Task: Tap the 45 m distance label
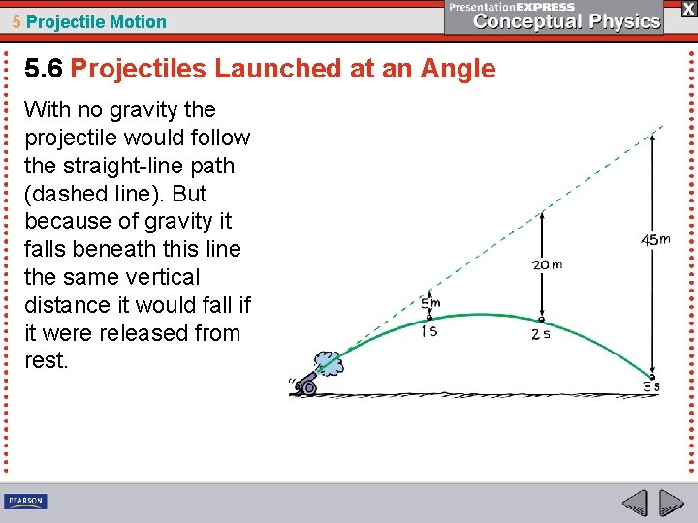coord(654,239)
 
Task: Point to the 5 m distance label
coord(430,303)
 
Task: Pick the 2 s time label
coord(542,335)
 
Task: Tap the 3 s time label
coord(651,386)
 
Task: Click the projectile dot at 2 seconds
coord(541,320)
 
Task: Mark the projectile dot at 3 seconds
coord(653,376)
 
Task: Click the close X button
coord(687,8)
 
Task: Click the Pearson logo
coord(25,501)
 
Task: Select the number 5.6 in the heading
coord(44,69)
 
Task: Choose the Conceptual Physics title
coord(567,21)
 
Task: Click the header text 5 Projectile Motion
coord(89,21)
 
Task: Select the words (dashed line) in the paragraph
coord(83,193)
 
